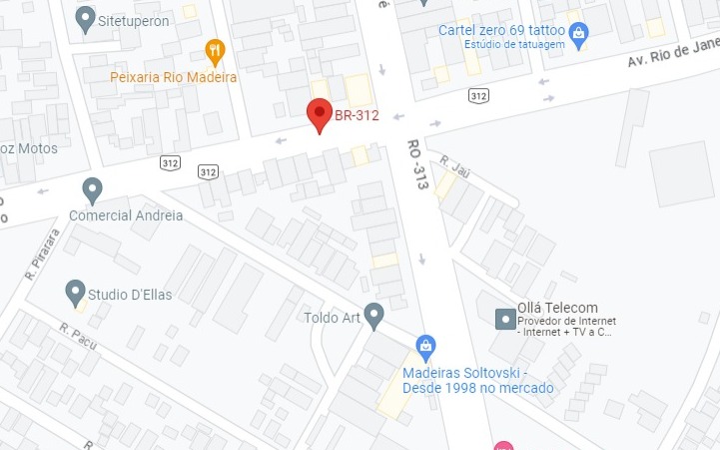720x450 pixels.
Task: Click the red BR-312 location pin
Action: [x=319, y=114]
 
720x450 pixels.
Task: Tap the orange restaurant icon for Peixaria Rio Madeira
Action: [x=214, y=50]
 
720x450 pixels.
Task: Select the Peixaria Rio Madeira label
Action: [x=174, y=77]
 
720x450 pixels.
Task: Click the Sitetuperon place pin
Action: [x=86, y=17]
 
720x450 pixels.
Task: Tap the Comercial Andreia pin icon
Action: [x=93, y=188]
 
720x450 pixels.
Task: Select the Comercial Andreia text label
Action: [x=126, y=215]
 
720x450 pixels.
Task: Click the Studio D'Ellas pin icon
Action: [x=75, y=292]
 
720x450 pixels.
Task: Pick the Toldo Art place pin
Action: [x=374, y=315]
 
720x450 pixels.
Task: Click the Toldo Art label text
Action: [x=330, y=319]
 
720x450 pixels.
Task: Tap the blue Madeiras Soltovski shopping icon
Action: [x=426, y=346]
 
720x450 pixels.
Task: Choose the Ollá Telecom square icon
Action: [x=505, y=319]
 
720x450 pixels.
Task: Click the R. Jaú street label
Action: [x=454, y=167]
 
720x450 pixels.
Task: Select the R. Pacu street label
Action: [x=78, y=338]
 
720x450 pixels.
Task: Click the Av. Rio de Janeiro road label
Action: [x=672, y=56]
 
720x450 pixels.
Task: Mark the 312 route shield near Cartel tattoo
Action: [x=478, y=96]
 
